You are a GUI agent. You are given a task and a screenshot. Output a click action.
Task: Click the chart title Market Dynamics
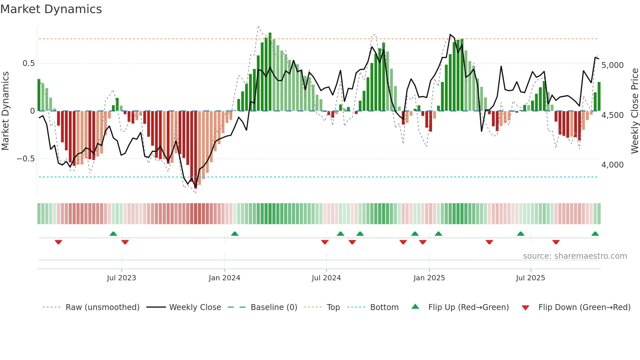click(51, 9)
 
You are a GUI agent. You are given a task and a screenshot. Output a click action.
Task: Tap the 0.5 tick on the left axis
click(28, 63)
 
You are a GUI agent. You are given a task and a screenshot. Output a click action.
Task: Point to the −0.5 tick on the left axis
click(26, 159)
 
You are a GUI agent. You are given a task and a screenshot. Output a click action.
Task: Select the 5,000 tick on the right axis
click(613, 65)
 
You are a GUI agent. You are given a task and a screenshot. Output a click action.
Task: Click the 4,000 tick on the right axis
click(613, 165)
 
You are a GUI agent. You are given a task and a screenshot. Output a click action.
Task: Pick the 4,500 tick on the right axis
click(613, 115)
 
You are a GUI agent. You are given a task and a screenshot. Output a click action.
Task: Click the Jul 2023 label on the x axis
click(121, 278)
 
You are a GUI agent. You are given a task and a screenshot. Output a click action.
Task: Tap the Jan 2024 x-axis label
click(224, 278)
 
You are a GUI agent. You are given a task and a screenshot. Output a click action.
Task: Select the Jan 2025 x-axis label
click(429, 278)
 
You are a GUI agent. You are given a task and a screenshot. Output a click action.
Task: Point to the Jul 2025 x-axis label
click(530, 278)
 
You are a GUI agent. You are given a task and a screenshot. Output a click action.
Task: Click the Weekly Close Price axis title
click(634, 111)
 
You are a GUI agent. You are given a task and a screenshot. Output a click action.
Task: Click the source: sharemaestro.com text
click(575, 256)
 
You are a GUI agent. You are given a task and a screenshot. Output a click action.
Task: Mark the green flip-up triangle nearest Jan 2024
click(234, 234)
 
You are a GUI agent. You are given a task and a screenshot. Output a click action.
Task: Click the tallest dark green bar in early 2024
click(270, 72)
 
